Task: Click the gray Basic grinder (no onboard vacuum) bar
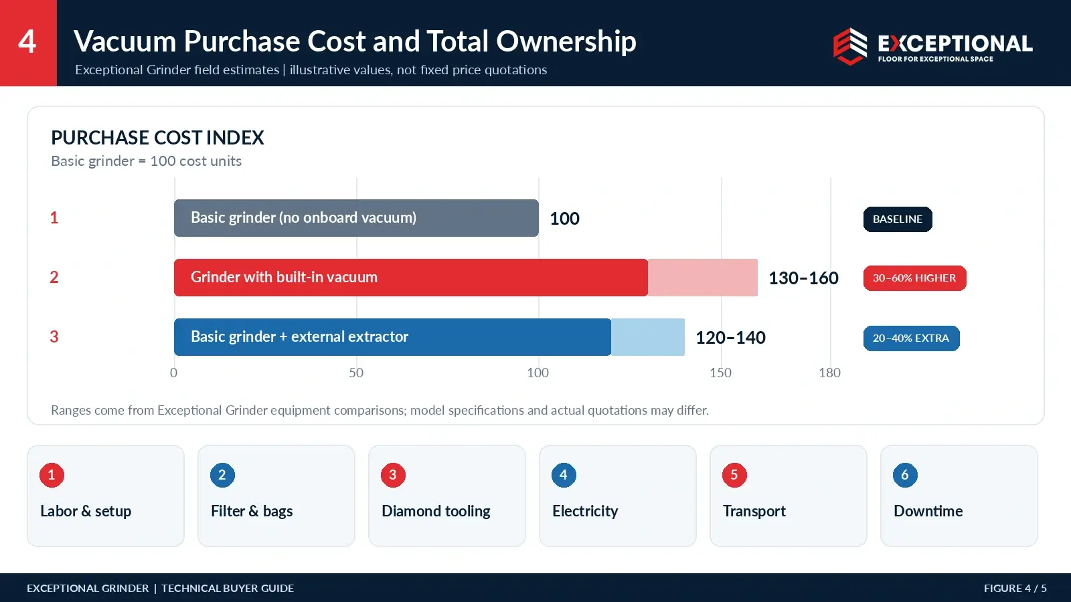click(x=356, y=218)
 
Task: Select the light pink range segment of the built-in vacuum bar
click(x=703, y=278)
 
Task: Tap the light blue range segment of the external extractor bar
click(x=648, y=337)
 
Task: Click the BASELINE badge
click(x=898, y=219)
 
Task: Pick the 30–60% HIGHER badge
click(x=914, y=278)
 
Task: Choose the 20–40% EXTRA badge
click(x=911, y=338)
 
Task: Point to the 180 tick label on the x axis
click(x=829, y=373)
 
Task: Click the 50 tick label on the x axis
click(x=356, y=373)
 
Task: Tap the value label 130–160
click(x=803, y=278)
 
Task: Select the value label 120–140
click(x=730, y=338)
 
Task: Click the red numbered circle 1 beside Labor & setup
click(x=52, y=475)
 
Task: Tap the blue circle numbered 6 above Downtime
click(x=905, y=475)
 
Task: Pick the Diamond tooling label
click(x=436, y=511)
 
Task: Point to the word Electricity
click(x=585, y=511)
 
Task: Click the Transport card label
click(x=754, y=511)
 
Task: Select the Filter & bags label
click(x=252, y=511)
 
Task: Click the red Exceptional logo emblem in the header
click(x=850, y=46)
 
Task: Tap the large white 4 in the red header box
click(x=27, y=41)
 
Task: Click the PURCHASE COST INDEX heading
click(x=157, y=138)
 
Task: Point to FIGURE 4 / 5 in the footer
click(x=1015, y=588)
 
